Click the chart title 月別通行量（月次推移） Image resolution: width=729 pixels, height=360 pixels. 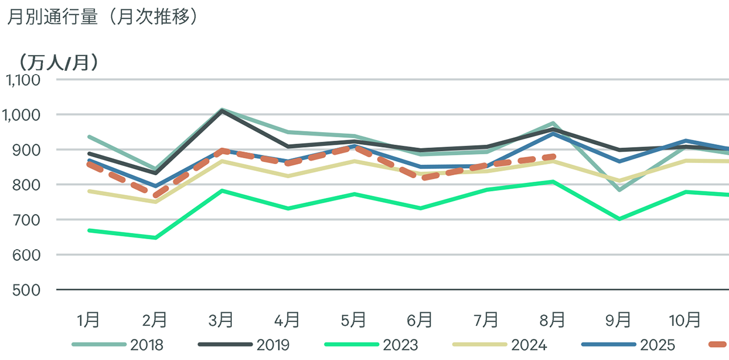(103, 17)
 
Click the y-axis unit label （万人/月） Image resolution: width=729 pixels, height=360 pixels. (59, 62)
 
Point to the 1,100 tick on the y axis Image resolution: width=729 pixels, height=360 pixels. (23, 80)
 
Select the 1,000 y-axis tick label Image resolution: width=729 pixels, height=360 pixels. (22, 115)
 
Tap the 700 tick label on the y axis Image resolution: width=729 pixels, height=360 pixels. (27, 220)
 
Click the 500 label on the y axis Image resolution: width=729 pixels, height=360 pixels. (27, 290)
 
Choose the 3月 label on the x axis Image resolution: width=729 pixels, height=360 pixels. (221, 320)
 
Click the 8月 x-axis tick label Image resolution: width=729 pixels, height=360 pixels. (552, 320)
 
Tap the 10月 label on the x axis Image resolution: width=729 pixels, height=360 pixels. (685, 320)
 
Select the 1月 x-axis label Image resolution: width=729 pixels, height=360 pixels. (88, 320)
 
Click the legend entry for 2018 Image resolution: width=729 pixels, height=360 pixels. (117, 345)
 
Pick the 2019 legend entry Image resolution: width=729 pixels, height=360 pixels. (244, 345)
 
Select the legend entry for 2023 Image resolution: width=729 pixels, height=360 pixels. (371, 345)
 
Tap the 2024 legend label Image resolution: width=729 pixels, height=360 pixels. (499, 345)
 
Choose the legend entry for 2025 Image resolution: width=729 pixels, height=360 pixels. (628, 345)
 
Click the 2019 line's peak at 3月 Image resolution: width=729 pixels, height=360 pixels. (222, 111)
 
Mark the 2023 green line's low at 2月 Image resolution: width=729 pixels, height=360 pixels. (155, 238)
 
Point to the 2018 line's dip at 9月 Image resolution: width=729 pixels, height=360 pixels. (619, 190)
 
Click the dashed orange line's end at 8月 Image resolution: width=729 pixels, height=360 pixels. (552, 157)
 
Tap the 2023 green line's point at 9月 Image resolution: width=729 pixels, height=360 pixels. (619, 219)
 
